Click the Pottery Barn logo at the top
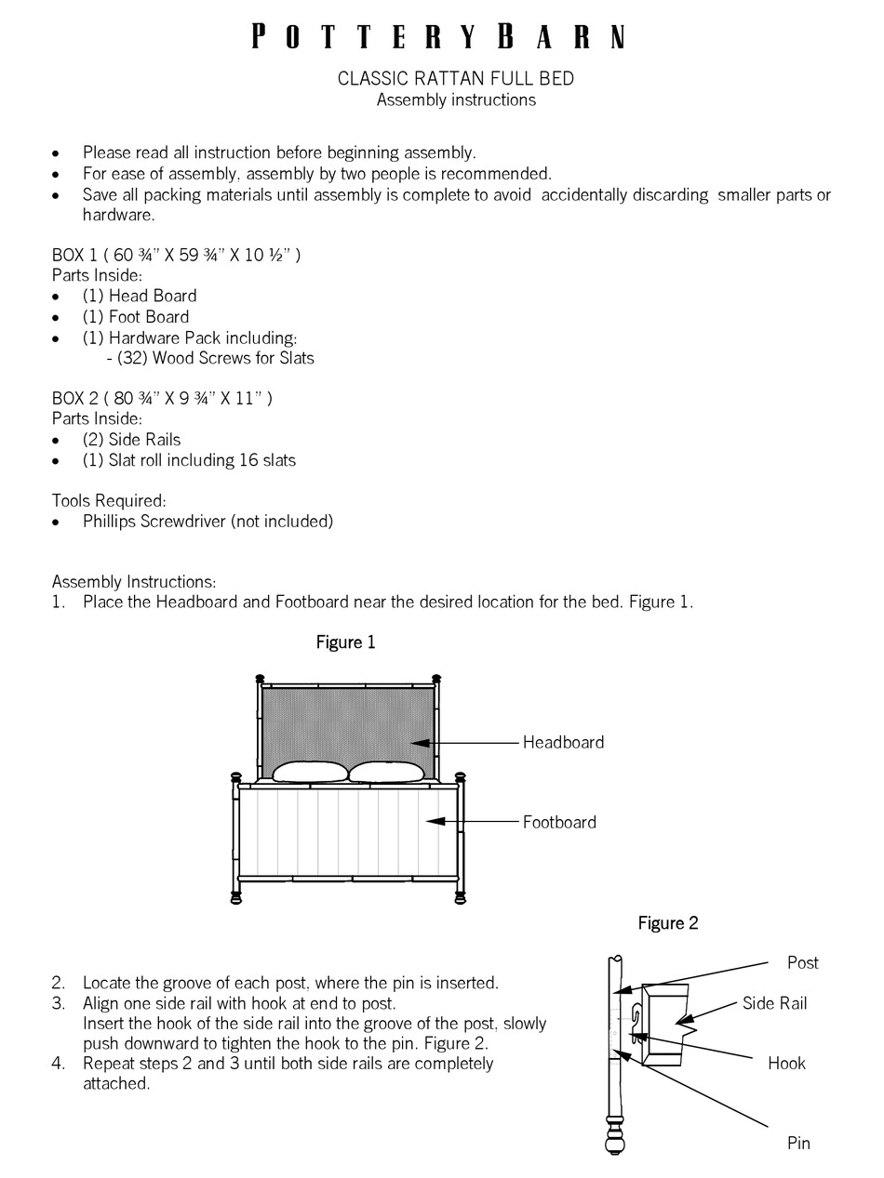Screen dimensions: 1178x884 pyautogui.click(x=438, y=37)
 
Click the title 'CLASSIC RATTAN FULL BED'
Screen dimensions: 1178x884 pyautogui.click(x=455, y=79)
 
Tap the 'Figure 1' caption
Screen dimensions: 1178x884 pyautogui.click(x=345, y=642)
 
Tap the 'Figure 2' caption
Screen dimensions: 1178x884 pyautogui.click(x=667, y=923)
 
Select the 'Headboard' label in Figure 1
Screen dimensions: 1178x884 pyautogui.click(x=563, y=742)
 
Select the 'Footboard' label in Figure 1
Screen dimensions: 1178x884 pyautogui.click(x=559, y=822)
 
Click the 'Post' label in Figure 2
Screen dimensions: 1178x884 pyautogui.click(x=802, y=962)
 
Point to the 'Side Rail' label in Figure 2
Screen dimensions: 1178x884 pyautogui.click(x=774, y=1003)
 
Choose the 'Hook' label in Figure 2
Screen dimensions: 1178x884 pyautogui.click(x=786, y=1063)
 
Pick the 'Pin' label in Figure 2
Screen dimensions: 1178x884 pyautogui.click(x=798, y=1143)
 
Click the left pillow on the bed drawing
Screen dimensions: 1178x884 pyautogui.click(x=310, y=772)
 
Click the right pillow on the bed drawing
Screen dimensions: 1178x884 pyautogui.click(x=386, y=772)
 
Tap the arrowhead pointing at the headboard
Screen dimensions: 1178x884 pyautogui.click(x=420, y=743)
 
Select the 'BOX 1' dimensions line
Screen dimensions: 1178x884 pyautogui.click(x=176, y=255)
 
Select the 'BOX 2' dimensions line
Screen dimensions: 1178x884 pyautogui.click(x=162, y=398)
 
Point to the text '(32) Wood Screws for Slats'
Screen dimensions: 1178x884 pyautogui.click(x=215, y=358)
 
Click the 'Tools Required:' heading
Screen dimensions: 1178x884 pyautogui.click(x=109, y=500)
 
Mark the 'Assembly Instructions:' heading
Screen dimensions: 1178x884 pyautogui.click(x=134, y=581)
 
